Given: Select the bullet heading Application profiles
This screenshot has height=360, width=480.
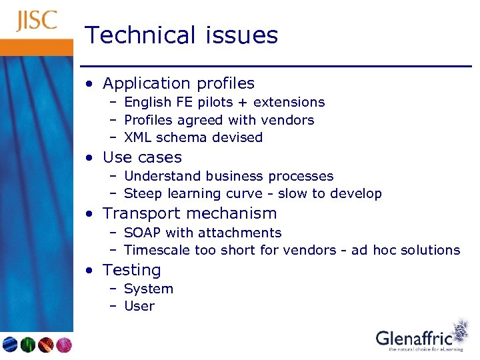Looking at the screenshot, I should pyautogui.click(x=178, y=83).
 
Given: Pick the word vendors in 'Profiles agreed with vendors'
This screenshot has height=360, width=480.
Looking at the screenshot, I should pyautogui.click(x=289, y=120).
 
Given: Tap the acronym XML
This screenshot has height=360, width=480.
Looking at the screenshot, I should pyautogui.click(x=137, y=137).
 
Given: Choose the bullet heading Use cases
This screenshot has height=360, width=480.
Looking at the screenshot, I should pyautogui.click(x=141, y=157).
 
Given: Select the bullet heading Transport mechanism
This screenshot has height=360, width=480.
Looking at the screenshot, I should pyautogui.click(x=189, y=213).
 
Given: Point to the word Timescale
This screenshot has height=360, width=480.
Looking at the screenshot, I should pyautogui.click(x=157, y=250).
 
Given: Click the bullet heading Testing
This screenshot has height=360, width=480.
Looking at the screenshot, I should pyautogui.click(x=131, y=270).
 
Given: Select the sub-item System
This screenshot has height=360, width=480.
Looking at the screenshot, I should pyautogui.click(x=148, y=289).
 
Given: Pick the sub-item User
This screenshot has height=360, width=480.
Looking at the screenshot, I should pyautogui.click(x=139, y=307).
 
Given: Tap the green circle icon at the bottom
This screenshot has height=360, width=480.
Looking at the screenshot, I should pyautogui.click(x=28, y=345).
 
